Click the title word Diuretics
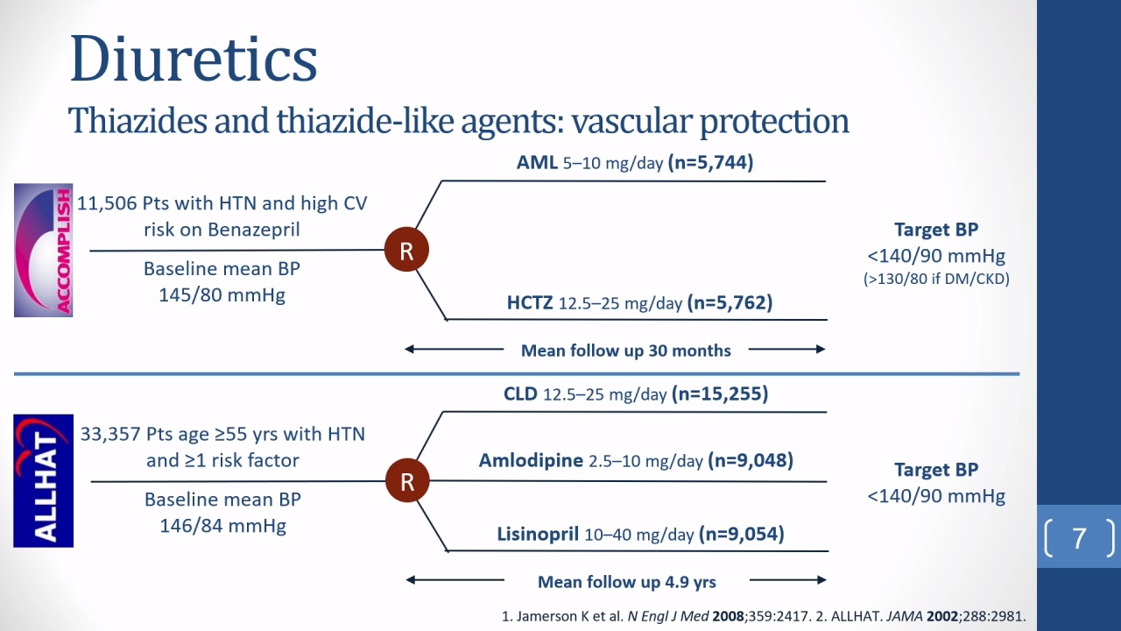(x=194, y=59)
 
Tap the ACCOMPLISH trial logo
(x=44, y=250)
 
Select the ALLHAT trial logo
(x=44, y=481)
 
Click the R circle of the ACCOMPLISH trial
(x=406, y=250)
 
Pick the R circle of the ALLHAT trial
(x=407, y=481)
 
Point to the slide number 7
(x=1079, y=538)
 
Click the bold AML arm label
(x=537, y=162)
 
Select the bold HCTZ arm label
(x=530, y=302)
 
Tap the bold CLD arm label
(x=520, y=393)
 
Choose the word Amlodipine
(x=531, y=460)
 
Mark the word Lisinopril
(x=538, y=534)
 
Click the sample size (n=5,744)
(x=710, y=162)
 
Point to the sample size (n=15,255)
(x=720, y=393)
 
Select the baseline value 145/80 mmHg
(x=222, y=295)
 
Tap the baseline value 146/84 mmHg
(x=223, y=526)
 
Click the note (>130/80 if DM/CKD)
(x=936, y=279)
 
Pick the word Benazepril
(x=254, y=230)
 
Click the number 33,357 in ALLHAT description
(x=110, y=434)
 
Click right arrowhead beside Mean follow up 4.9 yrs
(x=821, y=580)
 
